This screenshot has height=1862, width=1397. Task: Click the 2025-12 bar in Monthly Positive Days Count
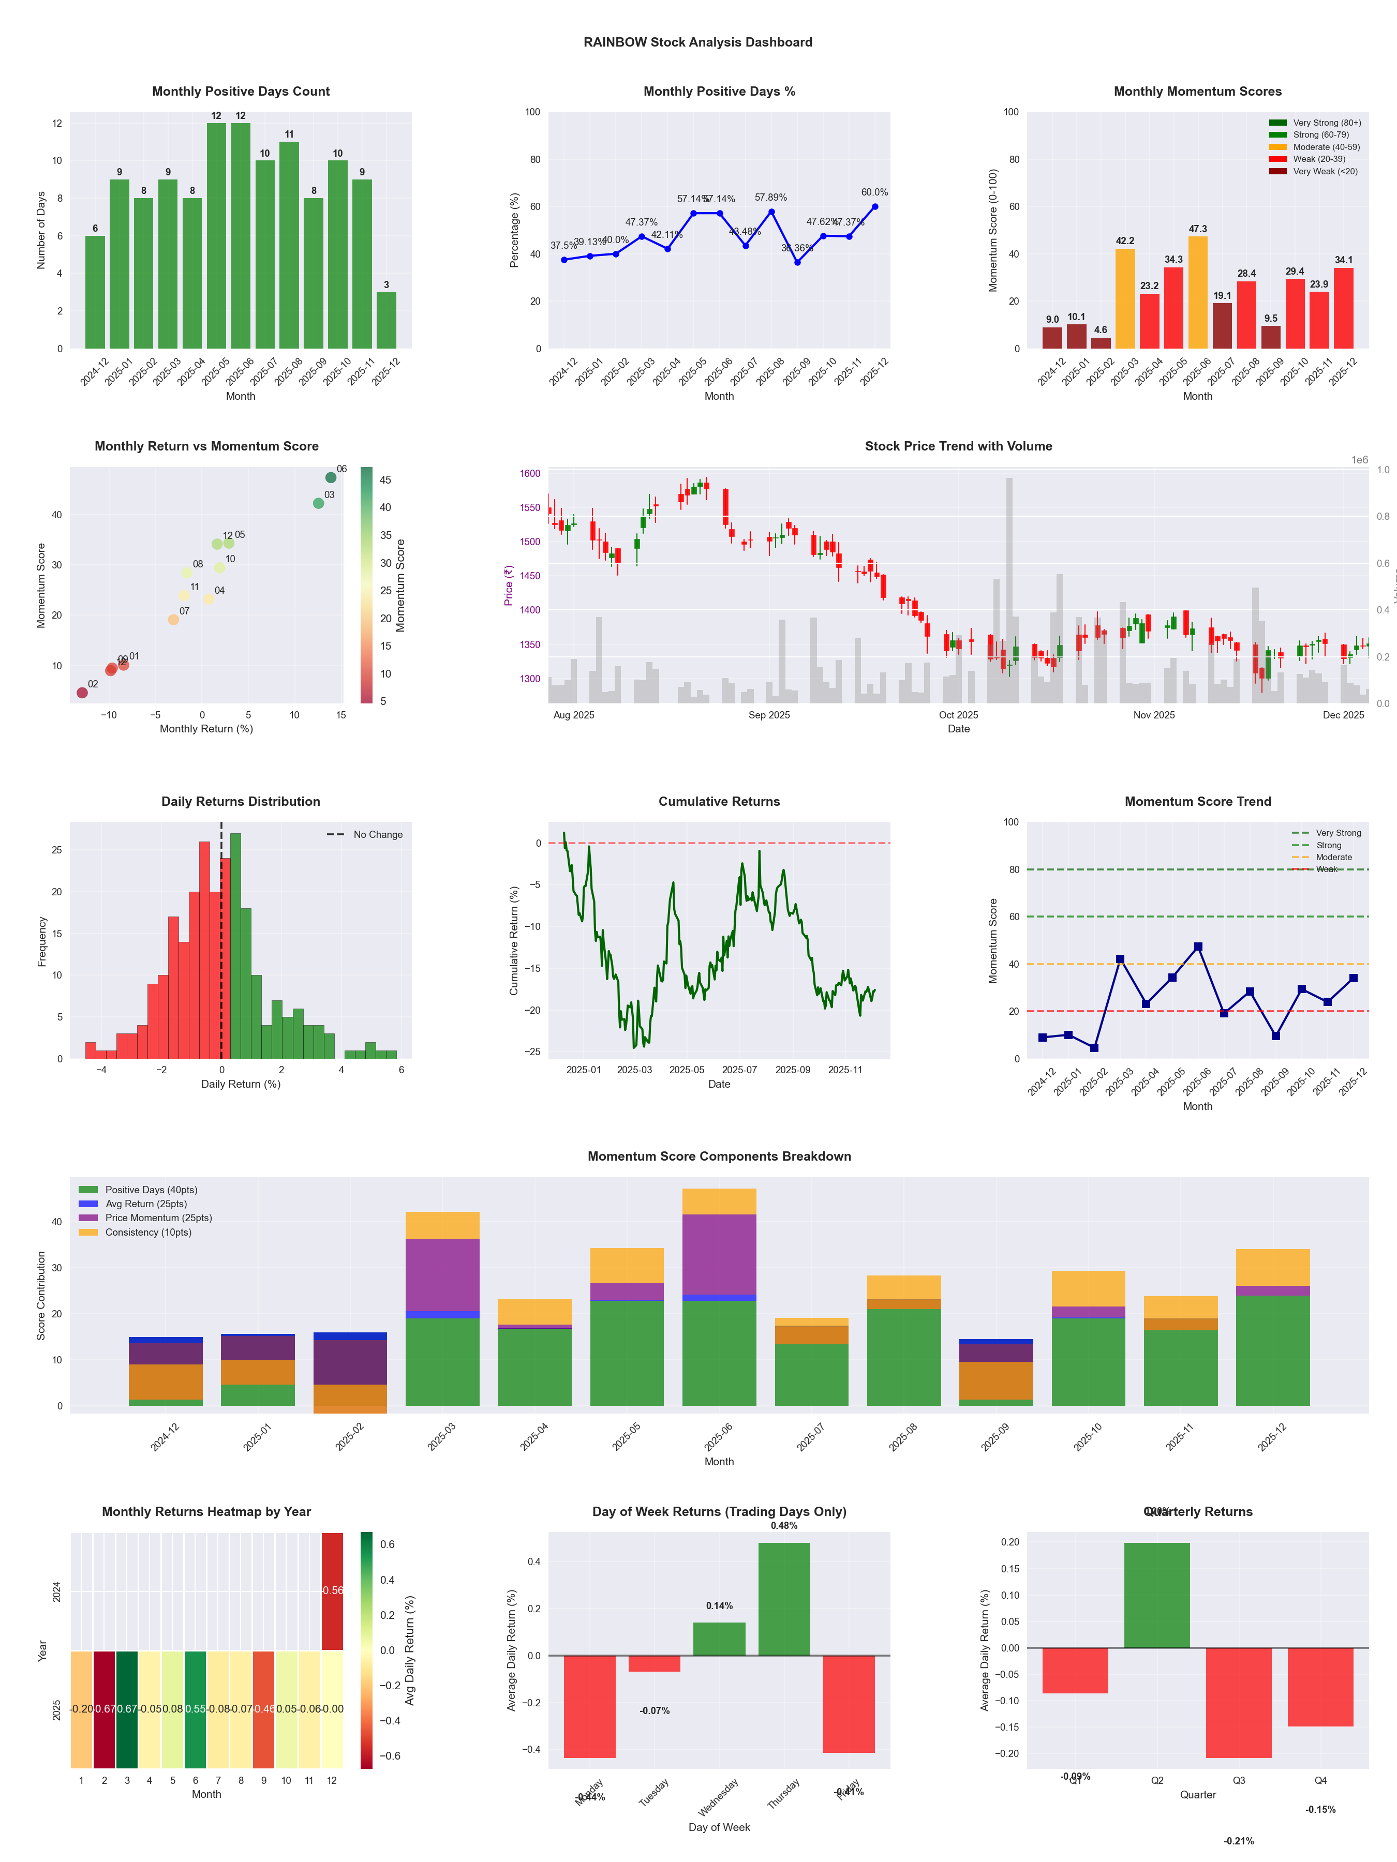387,321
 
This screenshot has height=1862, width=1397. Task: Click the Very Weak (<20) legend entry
1325,172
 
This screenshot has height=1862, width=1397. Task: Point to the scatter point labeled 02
82,693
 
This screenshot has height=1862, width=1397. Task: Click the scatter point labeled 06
331,477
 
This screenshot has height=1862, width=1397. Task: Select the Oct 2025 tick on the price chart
958,715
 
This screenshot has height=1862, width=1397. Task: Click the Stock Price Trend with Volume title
958,446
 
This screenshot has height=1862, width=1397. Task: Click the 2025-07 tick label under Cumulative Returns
739,1070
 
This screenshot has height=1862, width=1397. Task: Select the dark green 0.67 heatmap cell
127,1709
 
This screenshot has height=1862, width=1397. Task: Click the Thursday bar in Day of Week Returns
784,1599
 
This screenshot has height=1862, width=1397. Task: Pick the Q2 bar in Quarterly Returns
1157,1595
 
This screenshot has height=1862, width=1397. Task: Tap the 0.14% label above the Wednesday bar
719,1606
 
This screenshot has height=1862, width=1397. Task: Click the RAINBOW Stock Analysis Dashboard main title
698,42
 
